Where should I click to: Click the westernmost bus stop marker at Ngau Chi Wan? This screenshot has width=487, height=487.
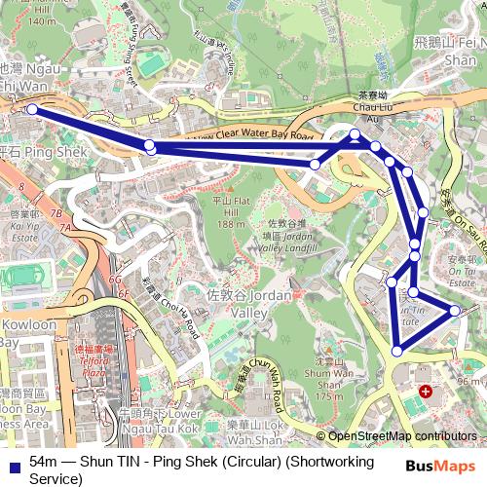(x=31, y=109)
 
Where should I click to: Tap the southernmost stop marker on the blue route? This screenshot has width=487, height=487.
(x=397, y=351)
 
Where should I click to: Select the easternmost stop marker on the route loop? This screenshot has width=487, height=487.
(x=454, y=311)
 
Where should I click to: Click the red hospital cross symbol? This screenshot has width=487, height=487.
(x=425, y=392)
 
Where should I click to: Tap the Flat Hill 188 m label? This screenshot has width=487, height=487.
(x=228, y=211)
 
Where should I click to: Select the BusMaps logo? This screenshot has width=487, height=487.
(x=434, y=467)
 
